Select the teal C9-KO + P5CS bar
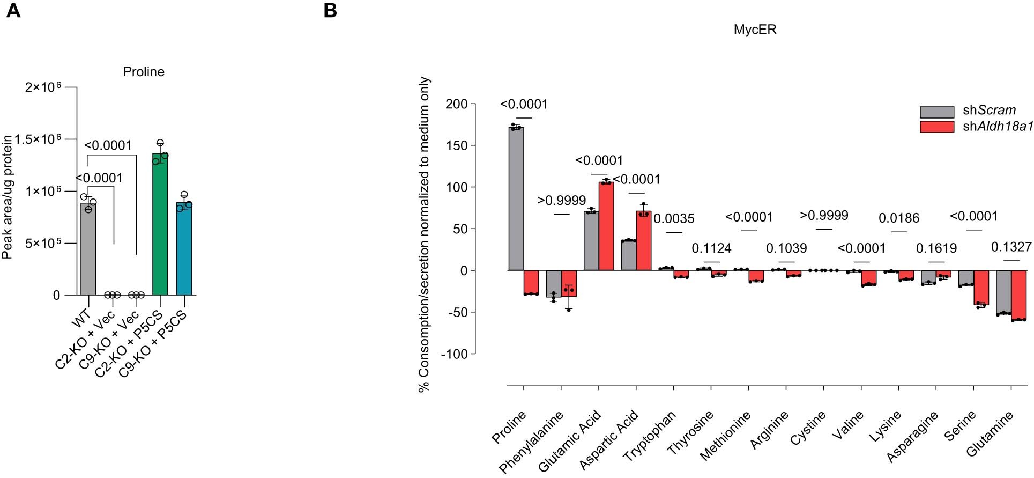coord(184,249)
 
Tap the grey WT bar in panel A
coord(88,249)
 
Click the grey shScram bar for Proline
coord(516,198)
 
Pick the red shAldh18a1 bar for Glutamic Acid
coord(606,226)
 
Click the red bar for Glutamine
coord(1018,295)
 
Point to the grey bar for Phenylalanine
coord(554,284)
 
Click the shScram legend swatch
coord(936,112)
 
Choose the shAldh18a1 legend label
coord(998,127)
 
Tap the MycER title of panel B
coord(755,30)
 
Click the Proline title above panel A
coord(144,72)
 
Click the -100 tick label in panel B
coord(454,354)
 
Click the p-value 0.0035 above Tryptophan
coord(674,219)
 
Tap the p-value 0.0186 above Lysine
coord(898,218)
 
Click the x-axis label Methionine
coord(725,436)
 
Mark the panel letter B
coord(331,10)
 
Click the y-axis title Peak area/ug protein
coord(7,197)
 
